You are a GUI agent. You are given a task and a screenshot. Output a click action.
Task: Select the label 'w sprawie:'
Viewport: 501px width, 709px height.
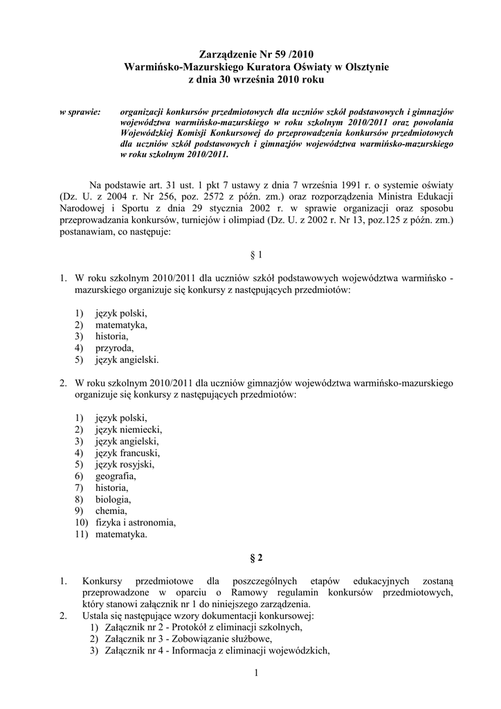(x=80, y=111)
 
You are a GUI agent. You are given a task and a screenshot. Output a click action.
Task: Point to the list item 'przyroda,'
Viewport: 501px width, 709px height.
(x=114, y=348)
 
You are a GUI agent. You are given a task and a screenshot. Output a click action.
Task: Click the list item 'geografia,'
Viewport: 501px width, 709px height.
(x=116, y=476)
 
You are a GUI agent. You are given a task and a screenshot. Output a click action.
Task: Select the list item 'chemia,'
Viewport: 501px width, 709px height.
(x=111, y=510)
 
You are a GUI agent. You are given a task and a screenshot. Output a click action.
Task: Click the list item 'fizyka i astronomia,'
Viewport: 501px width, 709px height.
(x=136, y=522)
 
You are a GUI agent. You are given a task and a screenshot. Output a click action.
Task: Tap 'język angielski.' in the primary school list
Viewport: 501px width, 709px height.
(x=127, y=360)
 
